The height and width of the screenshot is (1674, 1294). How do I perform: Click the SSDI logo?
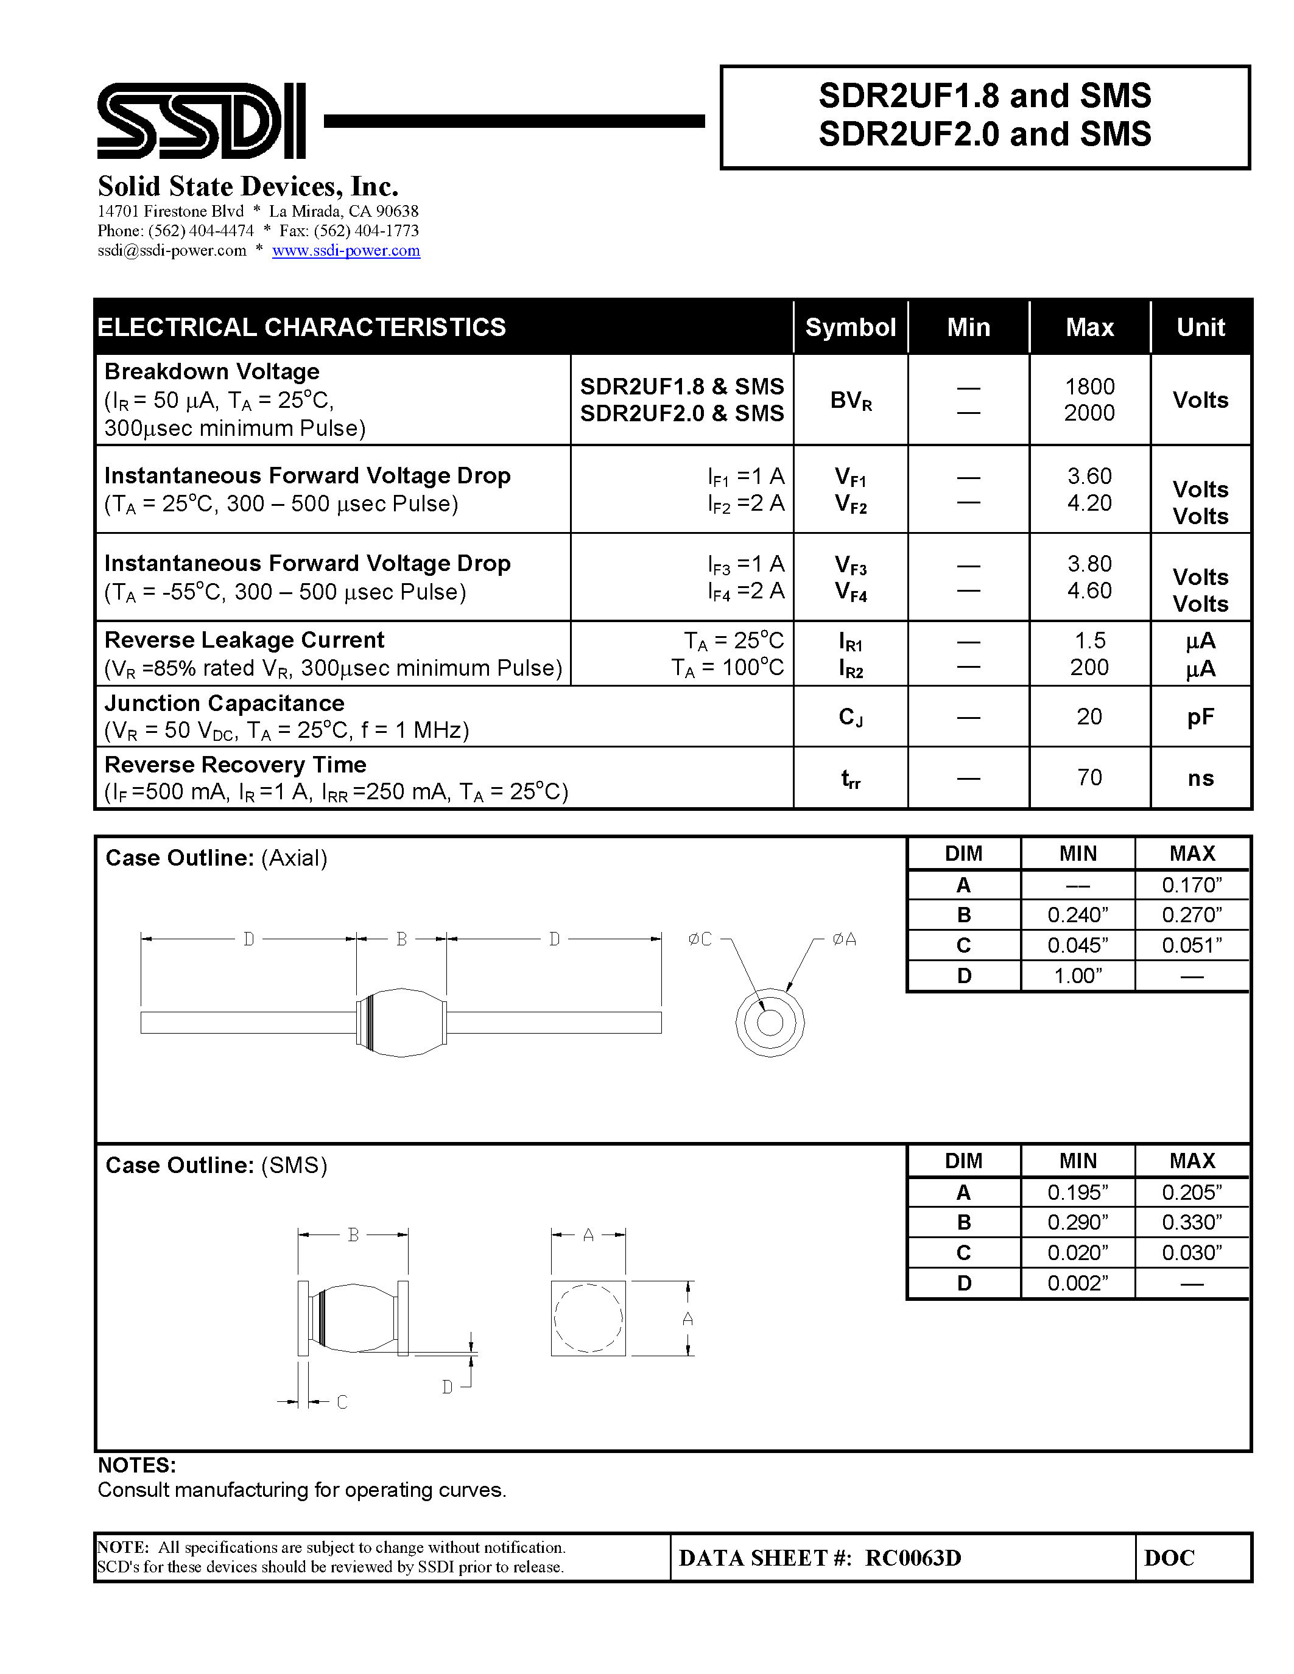[x=201, y=121]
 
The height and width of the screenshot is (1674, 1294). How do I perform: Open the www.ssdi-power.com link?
[x=346, y=251]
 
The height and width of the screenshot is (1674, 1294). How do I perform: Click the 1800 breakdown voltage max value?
[x=1089, y=387]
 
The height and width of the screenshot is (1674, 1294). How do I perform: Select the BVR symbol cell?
[x=851, y=400]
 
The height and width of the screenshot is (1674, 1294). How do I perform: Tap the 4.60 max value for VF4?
[x=1089, y=591]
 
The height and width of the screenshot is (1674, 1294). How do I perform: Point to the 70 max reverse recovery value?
[x=1089, y=778]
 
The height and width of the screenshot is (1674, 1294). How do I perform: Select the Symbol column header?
[x=850, y=327]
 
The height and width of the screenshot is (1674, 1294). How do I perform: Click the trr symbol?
[x=851, y=779]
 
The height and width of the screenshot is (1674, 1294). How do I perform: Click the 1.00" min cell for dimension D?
[x=1077, y=976]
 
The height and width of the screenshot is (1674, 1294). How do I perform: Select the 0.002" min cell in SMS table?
[x=1077, y=1283]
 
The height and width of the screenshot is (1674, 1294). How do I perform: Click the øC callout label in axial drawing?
[x=700, y=939]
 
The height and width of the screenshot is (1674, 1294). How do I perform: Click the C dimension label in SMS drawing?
[x=342, y=1402]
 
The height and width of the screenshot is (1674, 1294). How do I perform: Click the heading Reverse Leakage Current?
[x=244, y=640]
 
